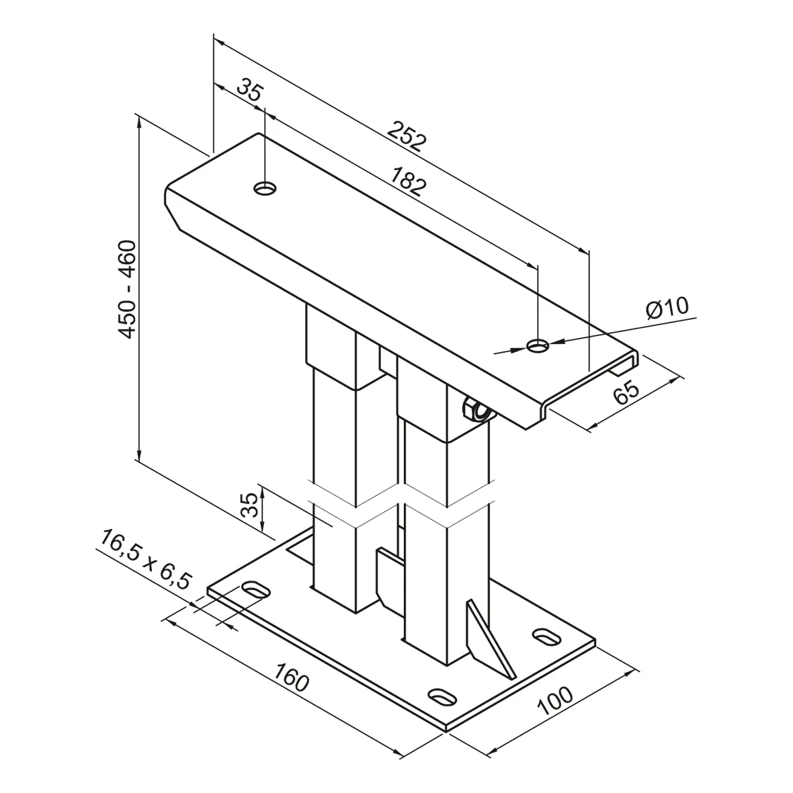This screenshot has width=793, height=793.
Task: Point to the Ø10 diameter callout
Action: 667,308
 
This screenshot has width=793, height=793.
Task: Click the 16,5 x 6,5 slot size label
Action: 146,559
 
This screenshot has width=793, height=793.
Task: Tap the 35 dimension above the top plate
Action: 249,91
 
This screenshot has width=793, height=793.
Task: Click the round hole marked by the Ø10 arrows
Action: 538,345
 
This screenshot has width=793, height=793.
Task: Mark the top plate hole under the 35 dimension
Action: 265,188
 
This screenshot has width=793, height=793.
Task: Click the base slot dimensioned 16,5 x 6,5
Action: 257,590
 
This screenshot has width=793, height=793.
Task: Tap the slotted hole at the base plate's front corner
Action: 441,696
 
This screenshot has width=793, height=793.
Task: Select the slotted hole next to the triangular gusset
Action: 546,634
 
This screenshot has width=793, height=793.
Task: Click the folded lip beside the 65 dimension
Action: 622,364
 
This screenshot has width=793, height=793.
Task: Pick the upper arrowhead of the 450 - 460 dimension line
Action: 139,120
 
